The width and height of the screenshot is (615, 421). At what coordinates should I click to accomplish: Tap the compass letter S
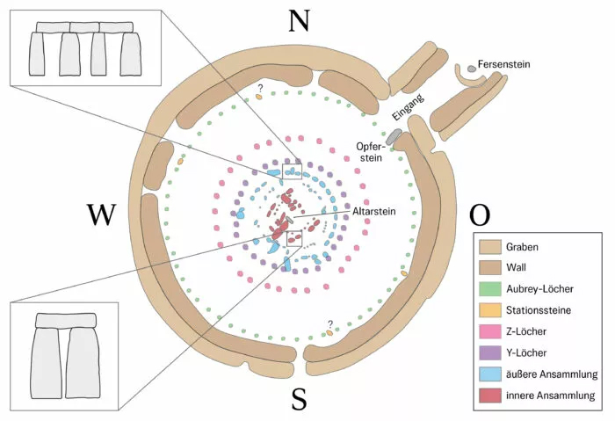299,400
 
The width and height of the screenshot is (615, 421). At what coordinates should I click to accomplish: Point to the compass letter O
481,214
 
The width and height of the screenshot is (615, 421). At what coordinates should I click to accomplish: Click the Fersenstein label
504,65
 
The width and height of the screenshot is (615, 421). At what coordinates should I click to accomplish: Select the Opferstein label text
373,152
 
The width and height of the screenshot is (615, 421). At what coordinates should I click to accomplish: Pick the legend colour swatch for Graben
489,248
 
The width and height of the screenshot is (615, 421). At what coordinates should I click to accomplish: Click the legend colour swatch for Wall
489,269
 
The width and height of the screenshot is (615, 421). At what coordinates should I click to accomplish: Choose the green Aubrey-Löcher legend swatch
489,290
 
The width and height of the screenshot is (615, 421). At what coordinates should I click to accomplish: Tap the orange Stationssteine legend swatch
489,311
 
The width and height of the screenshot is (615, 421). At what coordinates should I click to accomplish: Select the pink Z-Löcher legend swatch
489,332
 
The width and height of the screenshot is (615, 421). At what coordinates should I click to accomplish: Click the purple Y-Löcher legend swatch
489,353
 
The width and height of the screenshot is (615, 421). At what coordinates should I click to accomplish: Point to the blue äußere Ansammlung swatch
489,374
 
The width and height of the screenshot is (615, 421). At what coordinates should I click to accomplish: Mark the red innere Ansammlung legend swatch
489,396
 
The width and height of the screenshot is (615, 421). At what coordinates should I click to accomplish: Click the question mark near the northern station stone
259,86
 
